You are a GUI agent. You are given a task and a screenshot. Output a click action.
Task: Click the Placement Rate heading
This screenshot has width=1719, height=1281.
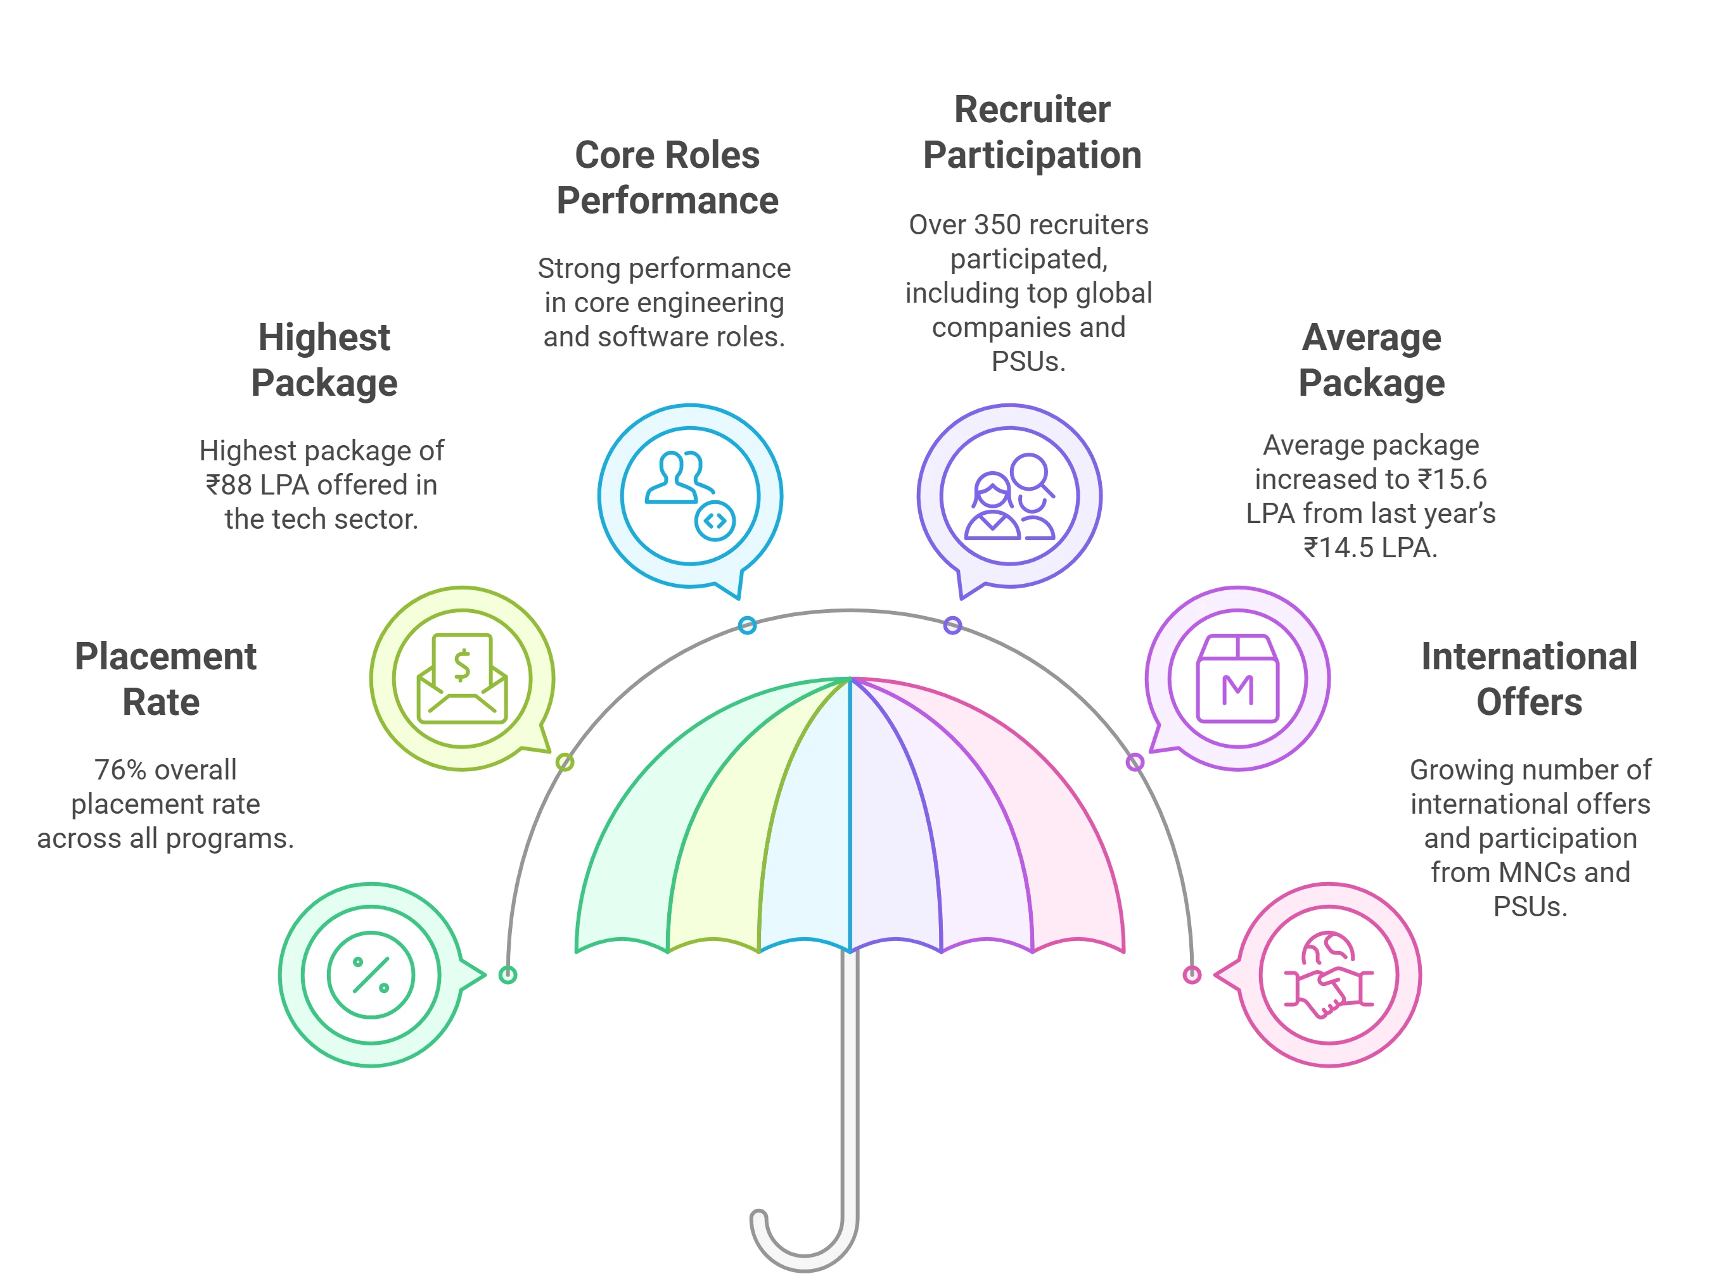point(165,679)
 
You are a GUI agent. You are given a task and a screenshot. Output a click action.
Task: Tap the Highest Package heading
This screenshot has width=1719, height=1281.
point(324,360)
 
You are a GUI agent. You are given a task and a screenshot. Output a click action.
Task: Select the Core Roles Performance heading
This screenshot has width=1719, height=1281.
point(667,177)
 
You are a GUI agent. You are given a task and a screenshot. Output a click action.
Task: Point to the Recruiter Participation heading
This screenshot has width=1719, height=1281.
point(1032,132)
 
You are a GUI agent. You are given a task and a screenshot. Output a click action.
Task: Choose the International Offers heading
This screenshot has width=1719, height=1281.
point(1528,679)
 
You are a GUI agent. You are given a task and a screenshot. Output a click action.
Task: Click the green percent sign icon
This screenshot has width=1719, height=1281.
point(370,975)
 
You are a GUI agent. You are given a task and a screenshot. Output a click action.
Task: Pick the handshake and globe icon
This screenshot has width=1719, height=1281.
point(1328,975)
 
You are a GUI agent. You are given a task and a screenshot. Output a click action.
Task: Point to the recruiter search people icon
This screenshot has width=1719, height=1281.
point(1009,496)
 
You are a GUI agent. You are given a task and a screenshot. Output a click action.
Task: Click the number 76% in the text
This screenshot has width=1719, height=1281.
point(120,770)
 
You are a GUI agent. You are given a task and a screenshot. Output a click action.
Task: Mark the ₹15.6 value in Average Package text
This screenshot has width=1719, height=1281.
point(1452,479)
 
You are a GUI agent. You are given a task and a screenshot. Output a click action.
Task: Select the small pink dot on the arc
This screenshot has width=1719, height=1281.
point(1191,975)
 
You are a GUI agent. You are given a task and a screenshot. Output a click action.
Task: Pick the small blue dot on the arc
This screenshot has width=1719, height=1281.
point(746,625)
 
